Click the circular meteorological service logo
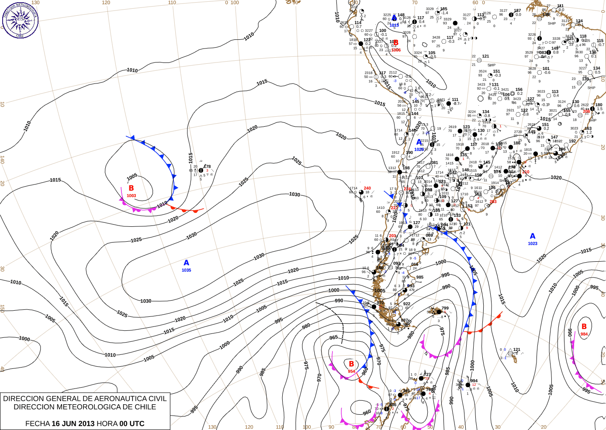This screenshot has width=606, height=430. coord(20,20)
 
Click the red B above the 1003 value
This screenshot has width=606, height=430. coord(131,188)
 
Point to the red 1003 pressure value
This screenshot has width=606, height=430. coord(131,196)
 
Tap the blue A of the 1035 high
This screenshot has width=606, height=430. coord(187,263)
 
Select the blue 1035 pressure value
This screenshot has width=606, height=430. coord(187,270)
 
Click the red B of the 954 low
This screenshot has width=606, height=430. coord(351,364)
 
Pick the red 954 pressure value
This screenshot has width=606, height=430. coord(351,371)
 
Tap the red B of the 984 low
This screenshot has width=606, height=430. coord(584,326)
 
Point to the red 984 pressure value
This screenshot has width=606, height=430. coord(584,334)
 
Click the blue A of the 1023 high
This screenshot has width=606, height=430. coord(533,236)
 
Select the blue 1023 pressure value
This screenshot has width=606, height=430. coord(533,244)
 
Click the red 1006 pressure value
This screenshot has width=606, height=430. coord(396,50)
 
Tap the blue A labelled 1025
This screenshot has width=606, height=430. coord(419,142)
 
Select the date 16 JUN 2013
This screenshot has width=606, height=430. coord(73,423)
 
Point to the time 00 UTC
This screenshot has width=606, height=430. coord(130,423)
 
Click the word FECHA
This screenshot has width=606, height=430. coord(38,423)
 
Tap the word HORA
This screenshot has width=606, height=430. coord(107,423)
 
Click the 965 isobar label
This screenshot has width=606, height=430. coord(334,337)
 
